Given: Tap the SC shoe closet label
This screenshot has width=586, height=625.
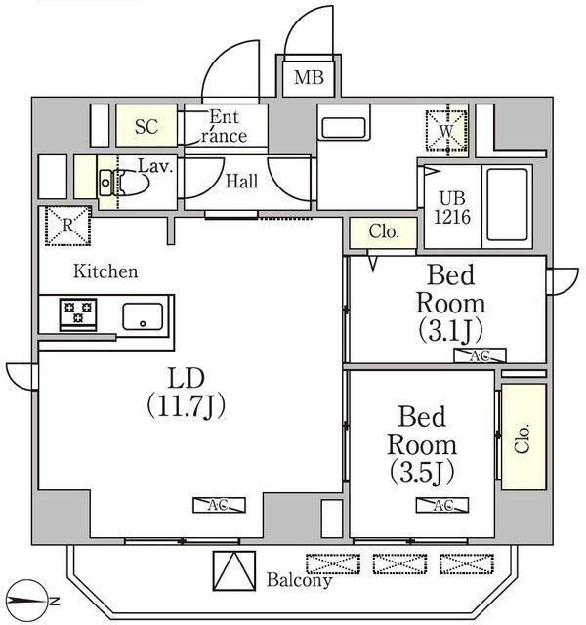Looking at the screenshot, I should (146, 126).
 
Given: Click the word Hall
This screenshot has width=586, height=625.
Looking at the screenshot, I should (241, 182).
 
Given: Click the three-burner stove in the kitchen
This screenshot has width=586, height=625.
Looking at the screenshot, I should (75, 314).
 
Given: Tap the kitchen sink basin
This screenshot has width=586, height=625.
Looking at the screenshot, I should (143, 315).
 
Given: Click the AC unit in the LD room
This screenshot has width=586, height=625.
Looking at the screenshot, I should (219, 505).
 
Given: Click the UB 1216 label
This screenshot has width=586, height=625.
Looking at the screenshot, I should (453, 207).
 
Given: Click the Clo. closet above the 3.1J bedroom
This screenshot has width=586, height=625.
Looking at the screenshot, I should (383, 232).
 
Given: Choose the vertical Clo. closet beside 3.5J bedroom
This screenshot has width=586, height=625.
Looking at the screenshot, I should (523, 436).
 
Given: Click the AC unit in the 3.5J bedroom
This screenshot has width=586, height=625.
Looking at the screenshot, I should (441, 505).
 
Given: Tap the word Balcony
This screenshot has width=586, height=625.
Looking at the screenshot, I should (299, 580).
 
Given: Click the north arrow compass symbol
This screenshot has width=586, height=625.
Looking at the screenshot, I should (33, 598).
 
